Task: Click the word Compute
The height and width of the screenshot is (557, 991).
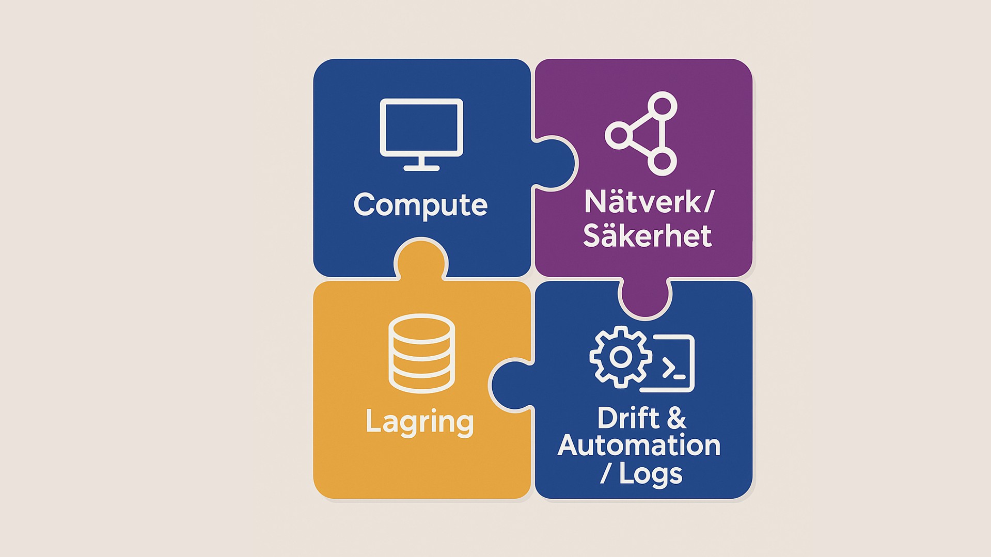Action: [x=420, y=205]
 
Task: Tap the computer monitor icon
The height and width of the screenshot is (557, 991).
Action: [x=421, y=133]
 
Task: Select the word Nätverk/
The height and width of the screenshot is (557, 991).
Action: [x=649, y=202]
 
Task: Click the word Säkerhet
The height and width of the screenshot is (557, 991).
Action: [x=648, y=235]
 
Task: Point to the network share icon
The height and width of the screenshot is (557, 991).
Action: [x=642, y=134]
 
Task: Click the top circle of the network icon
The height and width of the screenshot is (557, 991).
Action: [x=662, y=106]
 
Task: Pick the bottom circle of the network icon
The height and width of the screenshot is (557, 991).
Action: [x=662, y=161]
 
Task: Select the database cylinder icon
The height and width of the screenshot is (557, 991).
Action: [x=421, y=354]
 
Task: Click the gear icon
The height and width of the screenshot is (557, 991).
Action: [x=620, y=357]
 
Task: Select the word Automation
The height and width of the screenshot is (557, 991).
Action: [x=639, y=445]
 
